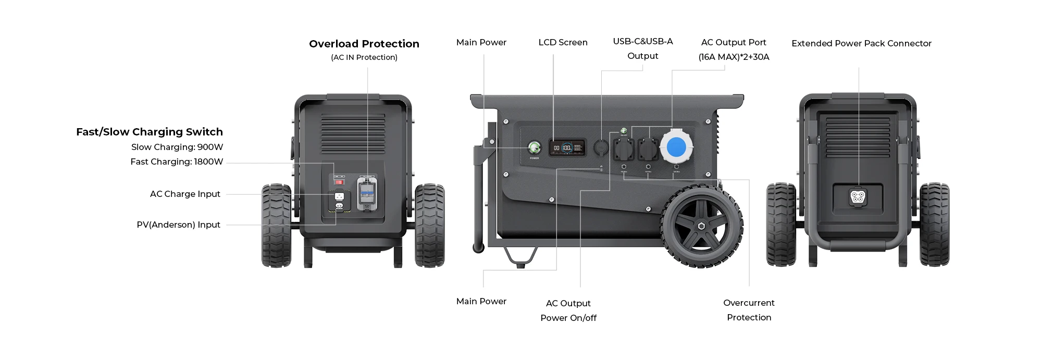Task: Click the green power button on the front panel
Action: pos(534,148)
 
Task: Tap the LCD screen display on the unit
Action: pos(567,147)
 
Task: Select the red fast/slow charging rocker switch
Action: pos(339,181)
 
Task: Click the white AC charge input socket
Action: pos(339,197)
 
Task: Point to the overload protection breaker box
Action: pos(367,193)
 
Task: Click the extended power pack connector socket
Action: pos(858,197)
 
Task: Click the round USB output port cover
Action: pos(601,147)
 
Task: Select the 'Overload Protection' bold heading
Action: pos(364,44)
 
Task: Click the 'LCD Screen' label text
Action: pos(563,42)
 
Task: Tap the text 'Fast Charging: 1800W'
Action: pos(177,162)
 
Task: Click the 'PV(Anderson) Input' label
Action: pos(178,225)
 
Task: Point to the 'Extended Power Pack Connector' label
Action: pos(861,43)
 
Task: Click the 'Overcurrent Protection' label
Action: pos(749,310)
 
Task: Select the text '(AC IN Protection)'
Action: pos(364,57)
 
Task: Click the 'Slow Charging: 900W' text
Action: pos(177,147)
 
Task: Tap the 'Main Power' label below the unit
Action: pos(481,301)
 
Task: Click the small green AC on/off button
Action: pos(623,130)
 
